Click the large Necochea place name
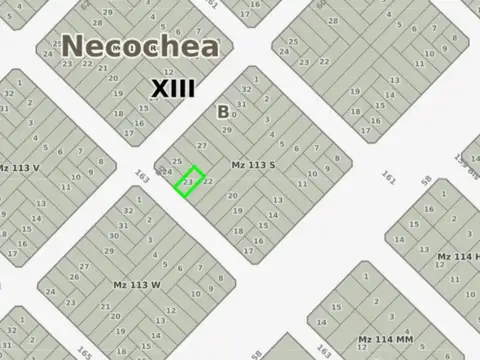(x=140, y=47)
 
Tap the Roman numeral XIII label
(x=172, y=89)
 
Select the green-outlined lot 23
(x=189, y=181)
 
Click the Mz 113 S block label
(x=253, y=165)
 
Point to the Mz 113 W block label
(x=137, y=284)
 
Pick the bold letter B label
(x=223, y=112)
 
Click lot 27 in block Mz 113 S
(x=203, y=146)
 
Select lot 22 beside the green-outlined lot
(x=207, y=181)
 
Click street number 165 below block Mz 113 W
(x=84, y=354)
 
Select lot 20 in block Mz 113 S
(x=233, y=196)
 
